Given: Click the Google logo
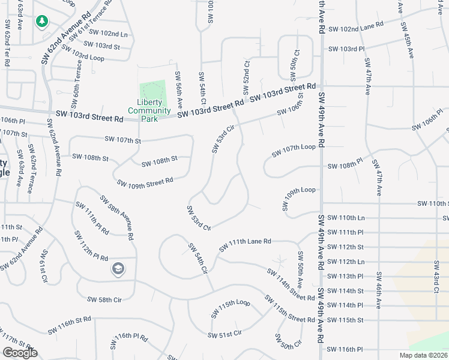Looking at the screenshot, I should click(x=20, y=353).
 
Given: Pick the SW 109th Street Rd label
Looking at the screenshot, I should click(x=145, y=181).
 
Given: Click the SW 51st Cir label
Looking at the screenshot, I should click(x=224, y=334).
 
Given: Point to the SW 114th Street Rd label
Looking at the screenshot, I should click(x=291, y=284).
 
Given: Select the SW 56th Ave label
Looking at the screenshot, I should click(x=178, y=88).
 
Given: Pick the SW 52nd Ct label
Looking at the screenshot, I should click(x=246, y=77).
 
